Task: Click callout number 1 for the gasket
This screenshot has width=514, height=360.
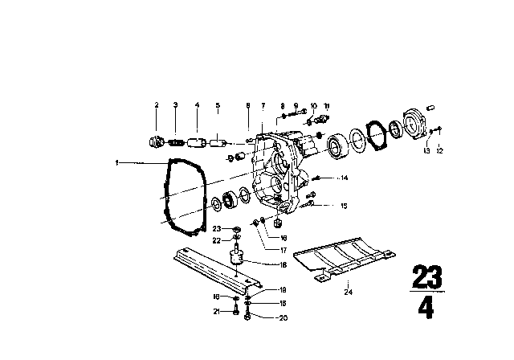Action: point(116,162)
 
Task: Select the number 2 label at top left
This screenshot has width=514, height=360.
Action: point(157,105)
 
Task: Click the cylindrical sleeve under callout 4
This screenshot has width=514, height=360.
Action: point(198,144)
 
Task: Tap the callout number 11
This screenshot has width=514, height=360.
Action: point(326,105)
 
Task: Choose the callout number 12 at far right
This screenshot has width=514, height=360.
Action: point(439,150)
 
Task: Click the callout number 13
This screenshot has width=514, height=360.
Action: point(426,150)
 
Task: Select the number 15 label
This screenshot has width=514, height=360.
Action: point(344,207)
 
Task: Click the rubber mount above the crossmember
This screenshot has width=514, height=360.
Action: point(237,260)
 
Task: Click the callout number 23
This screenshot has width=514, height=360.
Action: point(228,228)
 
